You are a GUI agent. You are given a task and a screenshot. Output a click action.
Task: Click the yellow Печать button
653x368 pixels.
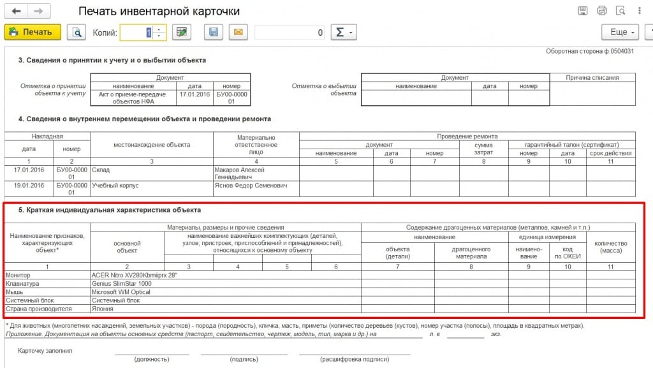(x=33, y=32)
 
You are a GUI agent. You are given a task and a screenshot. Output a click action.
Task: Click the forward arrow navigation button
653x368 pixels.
(x=38, y=11)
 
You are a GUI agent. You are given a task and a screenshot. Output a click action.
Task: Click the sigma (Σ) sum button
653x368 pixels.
(x=343, y=32)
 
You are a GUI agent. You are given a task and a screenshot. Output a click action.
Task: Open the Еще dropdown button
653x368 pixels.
(x=620, y=32)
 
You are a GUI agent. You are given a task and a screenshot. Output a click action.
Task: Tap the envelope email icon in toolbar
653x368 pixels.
(x=238, y=32)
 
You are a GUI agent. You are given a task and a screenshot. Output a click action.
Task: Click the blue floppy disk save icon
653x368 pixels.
(x=213, y=32)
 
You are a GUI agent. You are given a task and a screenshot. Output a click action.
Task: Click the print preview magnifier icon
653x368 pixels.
(x=77, y=32)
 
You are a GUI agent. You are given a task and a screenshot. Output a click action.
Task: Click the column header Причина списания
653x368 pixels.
(x=592, y=78)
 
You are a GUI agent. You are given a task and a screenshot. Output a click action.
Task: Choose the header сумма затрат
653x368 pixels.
(x=484, y=149)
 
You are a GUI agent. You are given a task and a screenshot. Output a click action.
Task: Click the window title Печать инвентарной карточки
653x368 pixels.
(x=159, y=11)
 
